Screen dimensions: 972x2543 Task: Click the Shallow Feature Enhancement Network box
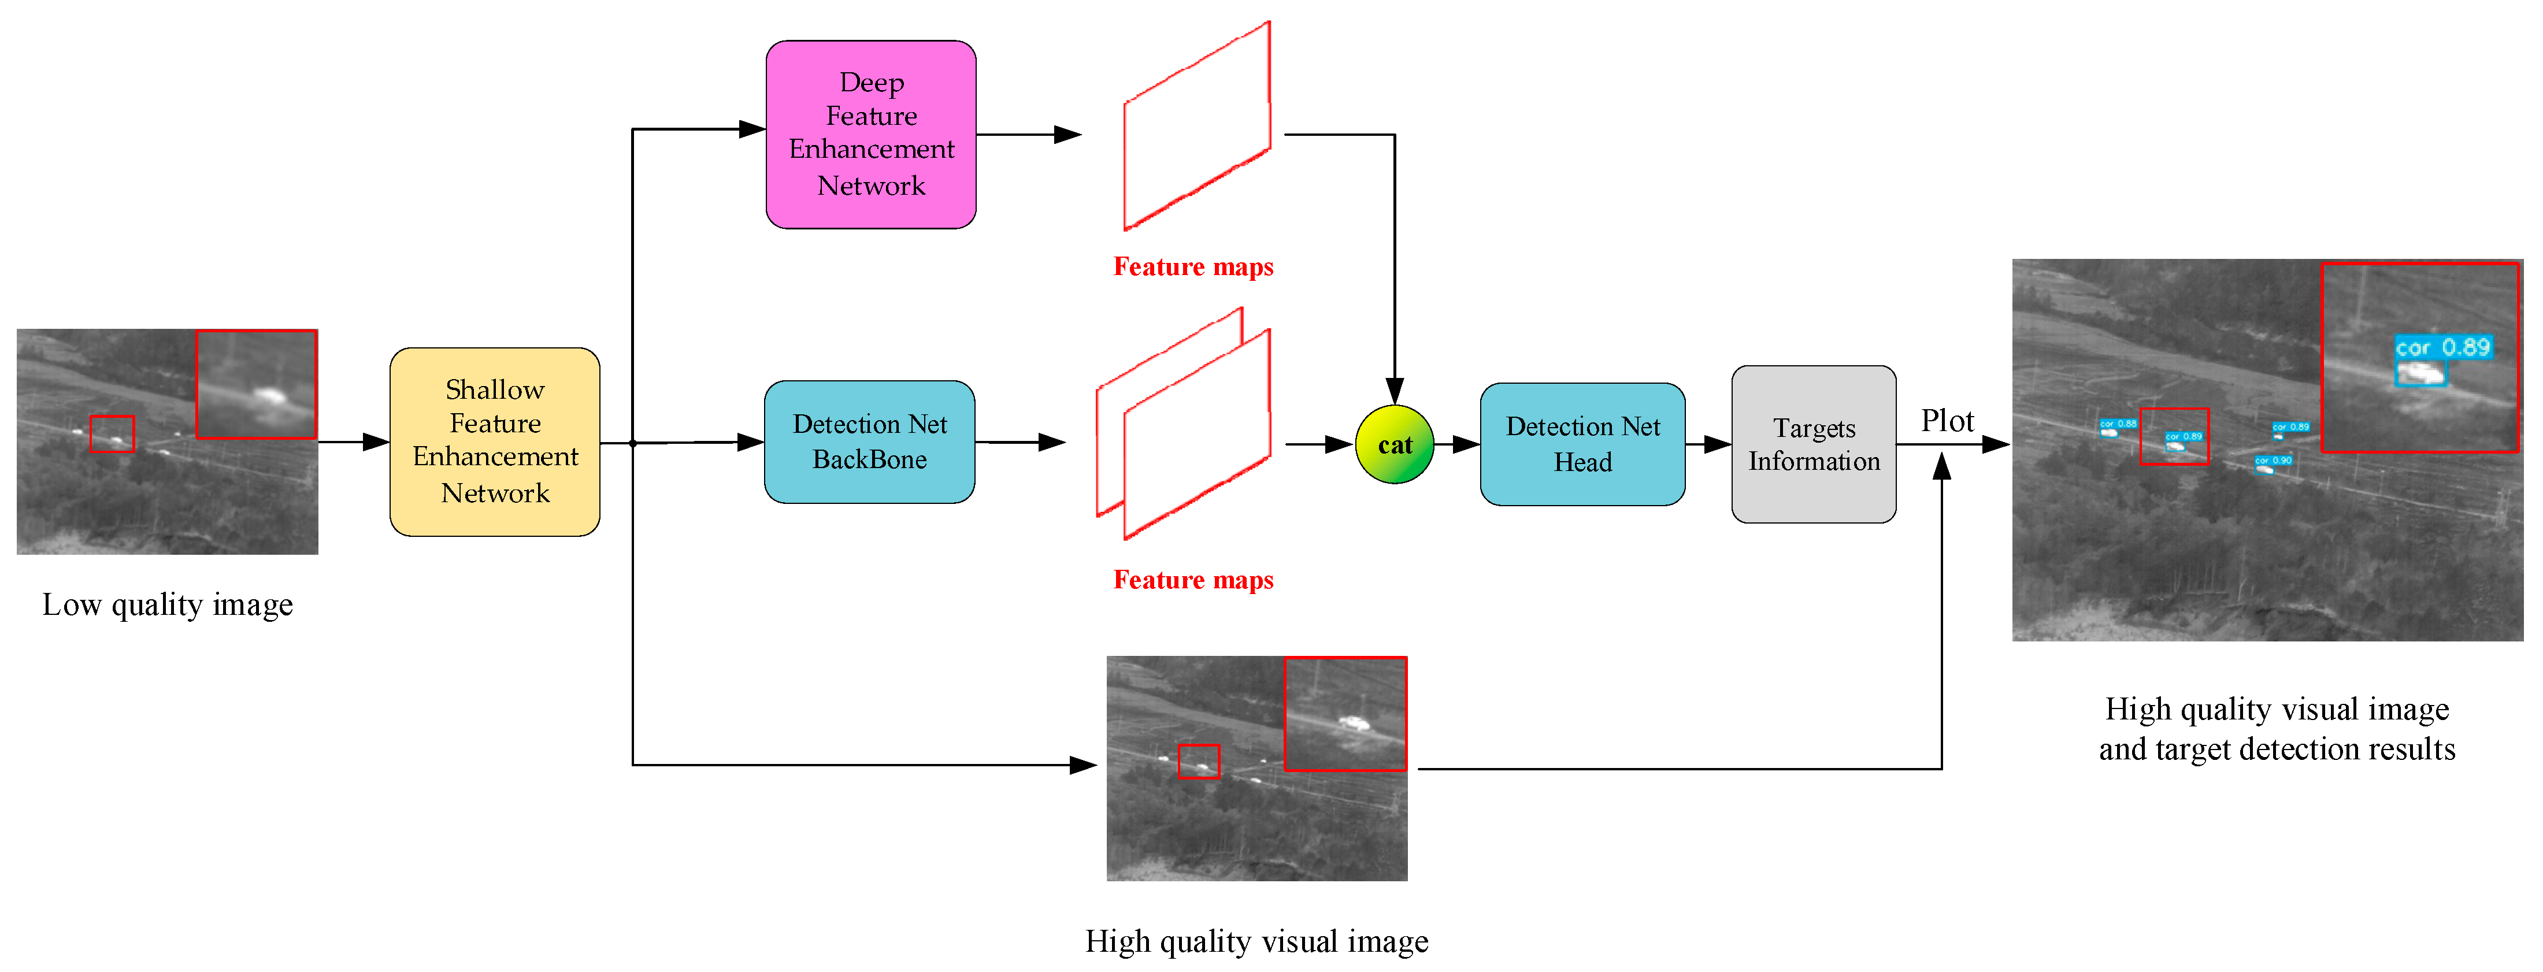495,441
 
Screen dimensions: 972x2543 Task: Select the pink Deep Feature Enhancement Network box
871,134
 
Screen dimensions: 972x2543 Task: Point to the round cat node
1394,445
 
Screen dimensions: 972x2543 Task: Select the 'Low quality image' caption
168,604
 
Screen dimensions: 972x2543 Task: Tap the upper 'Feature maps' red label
1192,266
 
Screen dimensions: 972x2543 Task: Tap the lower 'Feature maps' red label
1192,579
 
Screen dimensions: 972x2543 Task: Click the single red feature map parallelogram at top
1196,127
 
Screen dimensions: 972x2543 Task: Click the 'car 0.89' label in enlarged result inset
2442,347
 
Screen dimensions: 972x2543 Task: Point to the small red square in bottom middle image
1199,762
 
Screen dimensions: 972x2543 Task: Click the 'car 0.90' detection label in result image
2273,460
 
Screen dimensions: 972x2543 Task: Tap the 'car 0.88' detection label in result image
2118,424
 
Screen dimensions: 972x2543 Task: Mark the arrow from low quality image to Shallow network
353,442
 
